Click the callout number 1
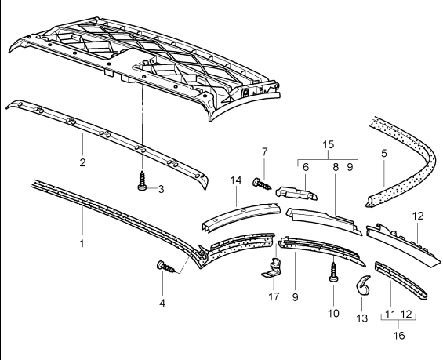point(82,245)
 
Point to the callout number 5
point(383,154)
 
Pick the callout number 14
point(236,181)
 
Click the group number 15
point(328,145)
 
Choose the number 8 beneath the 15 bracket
point(335,167)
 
